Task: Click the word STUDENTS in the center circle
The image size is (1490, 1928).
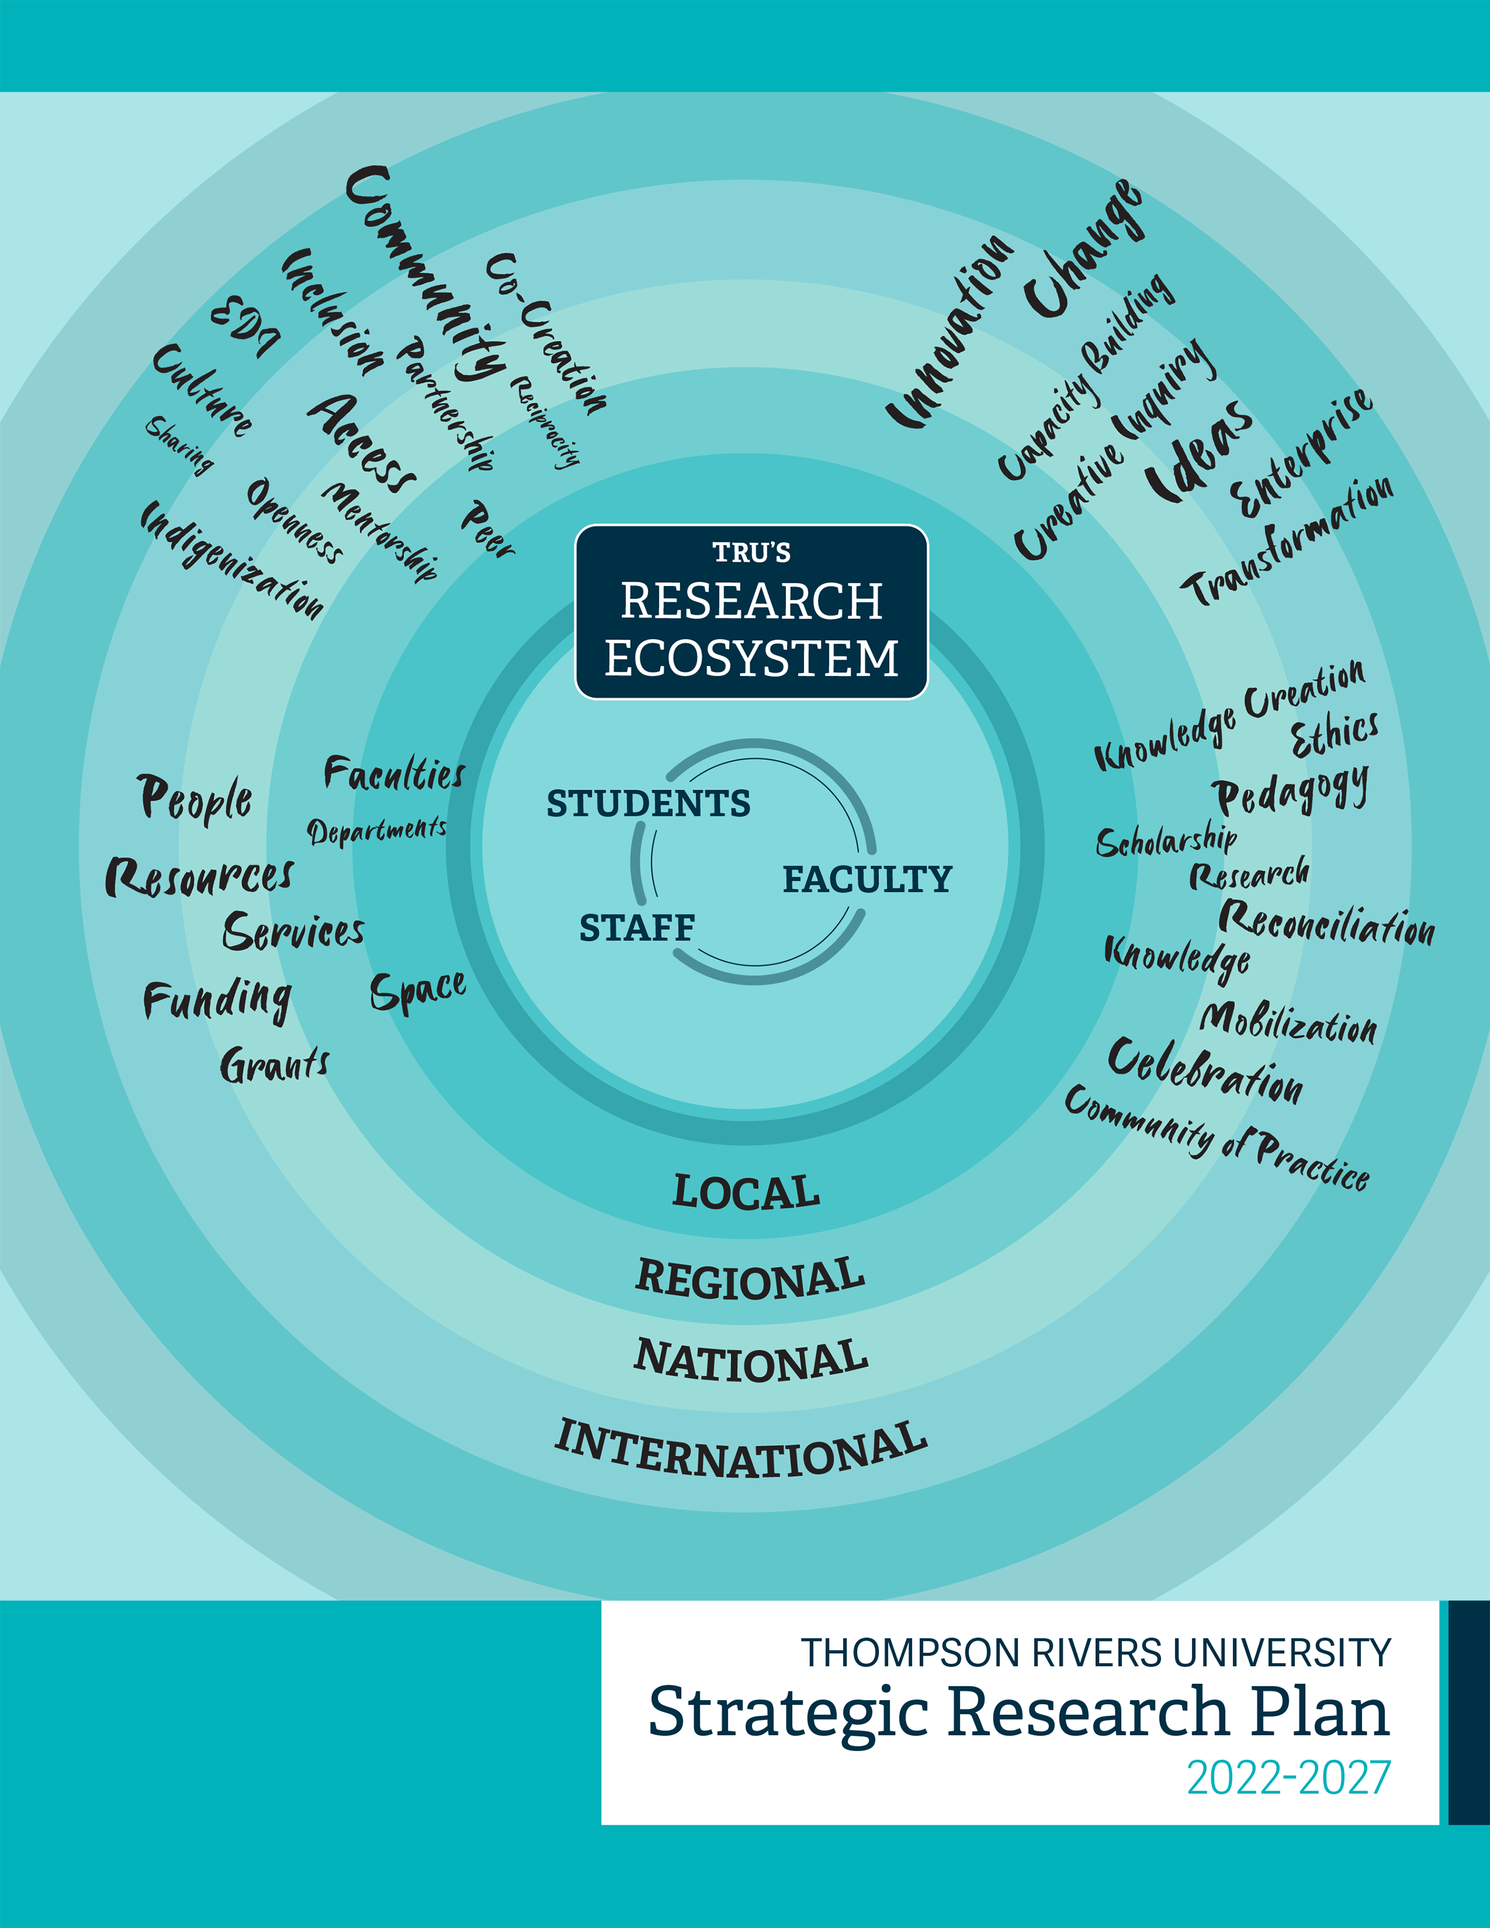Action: pos(648,803)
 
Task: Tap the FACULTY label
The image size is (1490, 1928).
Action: pos(867,879)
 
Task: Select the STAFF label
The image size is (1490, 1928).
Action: pos(636,928)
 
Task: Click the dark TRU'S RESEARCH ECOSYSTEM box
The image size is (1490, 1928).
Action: pos(751,612)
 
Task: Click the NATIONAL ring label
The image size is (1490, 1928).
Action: pos(751,1361)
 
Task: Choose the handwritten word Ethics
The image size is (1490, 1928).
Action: pos(1334,734)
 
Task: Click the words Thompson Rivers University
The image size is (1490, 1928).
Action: pos(1095,1652)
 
